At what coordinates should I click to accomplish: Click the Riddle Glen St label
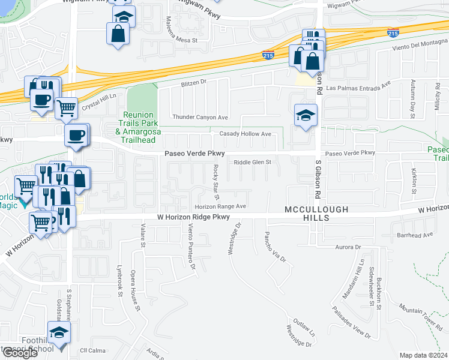253,162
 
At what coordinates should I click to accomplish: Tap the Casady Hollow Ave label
246,133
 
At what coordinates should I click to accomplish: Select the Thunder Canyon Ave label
200,117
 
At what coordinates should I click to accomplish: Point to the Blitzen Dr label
193,82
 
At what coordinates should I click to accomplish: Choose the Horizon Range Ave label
220,206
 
